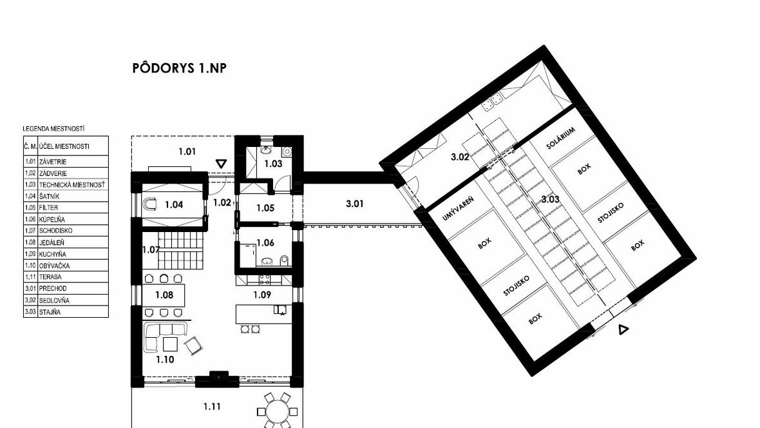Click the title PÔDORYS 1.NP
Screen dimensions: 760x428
click(x=179, y=68)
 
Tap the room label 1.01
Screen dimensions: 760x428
click(x=187, y=151)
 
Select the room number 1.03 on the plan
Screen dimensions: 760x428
click(x=273, y=164)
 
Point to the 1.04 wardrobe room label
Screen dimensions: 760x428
click(x=174, y=205)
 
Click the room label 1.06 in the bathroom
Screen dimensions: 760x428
click(x=265, y=242)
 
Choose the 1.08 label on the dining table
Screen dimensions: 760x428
click(x=164, y=295)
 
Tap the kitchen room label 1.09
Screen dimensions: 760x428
click(x=262, y=295)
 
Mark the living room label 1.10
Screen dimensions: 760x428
click(x=165, y=360)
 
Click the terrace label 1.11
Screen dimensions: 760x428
click(x=213, y=407)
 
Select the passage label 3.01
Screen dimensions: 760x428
click(x=355, y=204)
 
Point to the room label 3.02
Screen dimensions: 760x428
click(x=460, y=157)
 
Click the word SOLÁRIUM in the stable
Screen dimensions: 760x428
click(x=561, y=139)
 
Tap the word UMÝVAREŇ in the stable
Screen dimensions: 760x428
click(x=458, y=208)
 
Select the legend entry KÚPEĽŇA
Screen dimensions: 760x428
click(x=52, y=219)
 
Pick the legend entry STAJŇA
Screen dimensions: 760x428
click(x=50, y=312)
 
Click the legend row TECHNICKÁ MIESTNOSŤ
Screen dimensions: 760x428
click(x=72, y=185)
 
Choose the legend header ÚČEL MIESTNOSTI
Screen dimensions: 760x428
click(x=64, y=146)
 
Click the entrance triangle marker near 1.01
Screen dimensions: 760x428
click(x=221, y=164)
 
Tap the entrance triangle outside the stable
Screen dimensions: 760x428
click(x=623, y=330)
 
